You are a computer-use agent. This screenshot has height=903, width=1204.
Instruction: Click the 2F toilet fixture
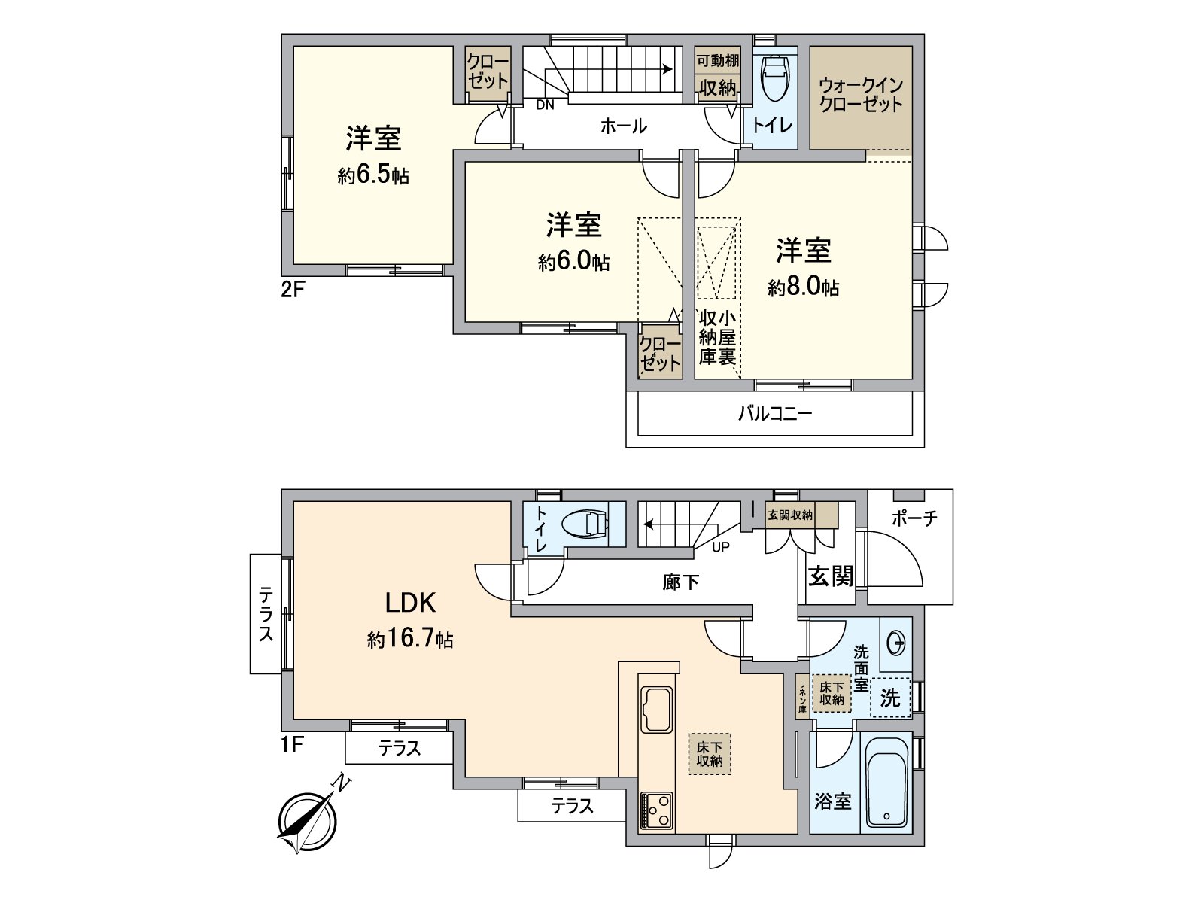point(774,79)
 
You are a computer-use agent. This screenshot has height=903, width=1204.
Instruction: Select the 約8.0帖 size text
point(803,287)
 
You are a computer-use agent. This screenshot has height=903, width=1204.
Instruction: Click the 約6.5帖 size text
point(373,176)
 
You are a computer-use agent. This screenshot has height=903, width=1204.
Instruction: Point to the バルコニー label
point(774,413)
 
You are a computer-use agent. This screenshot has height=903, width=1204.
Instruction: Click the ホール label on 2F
point(623,126)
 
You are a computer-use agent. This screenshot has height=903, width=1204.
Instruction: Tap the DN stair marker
point(545,105)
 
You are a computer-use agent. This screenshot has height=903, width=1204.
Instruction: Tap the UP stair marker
point(720,547)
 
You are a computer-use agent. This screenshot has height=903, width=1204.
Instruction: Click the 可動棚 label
point(717,61)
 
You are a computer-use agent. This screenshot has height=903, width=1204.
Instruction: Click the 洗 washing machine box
point(890,698)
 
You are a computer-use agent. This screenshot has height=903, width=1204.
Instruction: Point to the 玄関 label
point(831,576)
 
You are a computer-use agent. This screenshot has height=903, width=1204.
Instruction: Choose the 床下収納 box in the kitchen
point(709,754)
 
